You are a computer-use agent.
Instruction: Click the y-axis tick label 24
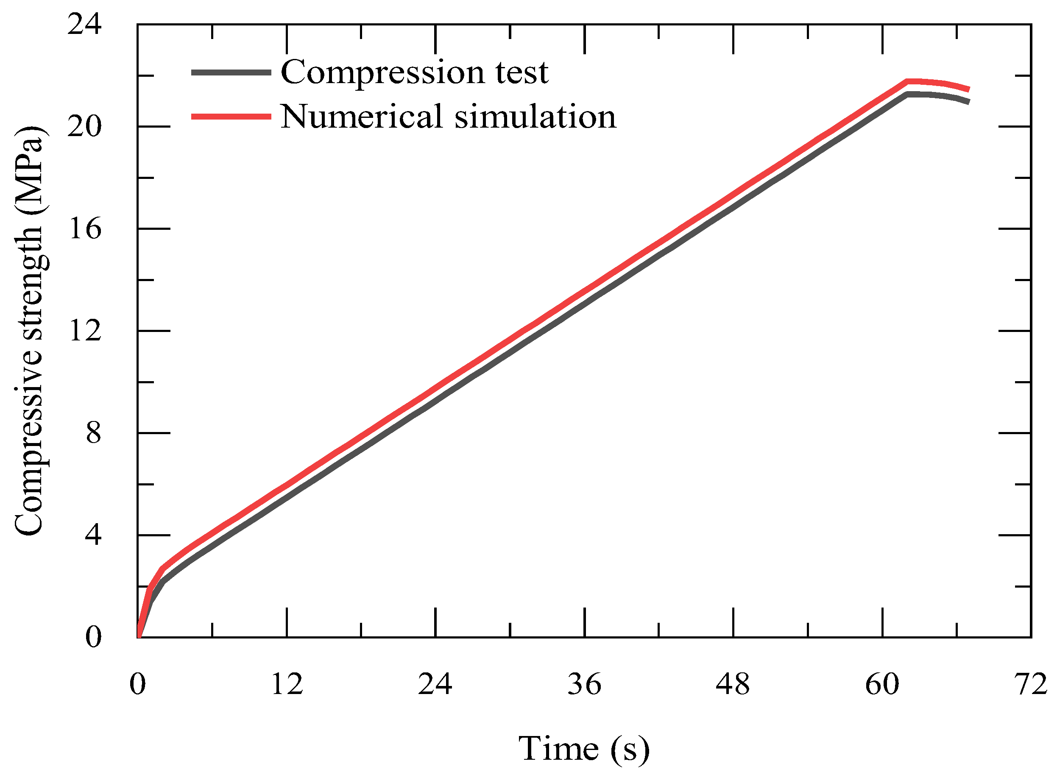pos(84,25)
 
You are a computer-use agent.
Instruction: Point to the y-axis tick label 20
pos(84,127)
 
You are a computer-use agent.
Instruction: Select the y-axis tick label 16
pos(85,229)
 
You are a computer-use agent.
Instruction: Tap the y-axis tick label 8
pos(93,433)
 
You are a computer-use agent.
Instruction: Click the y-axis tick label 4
pos(93,535)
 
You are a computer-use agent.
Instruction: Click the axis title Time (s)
pos(584,749)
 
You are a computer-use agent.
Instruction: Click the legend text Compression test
pos(414,73)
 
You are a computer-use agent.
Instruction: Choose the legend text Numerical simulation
pos(448,116)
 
